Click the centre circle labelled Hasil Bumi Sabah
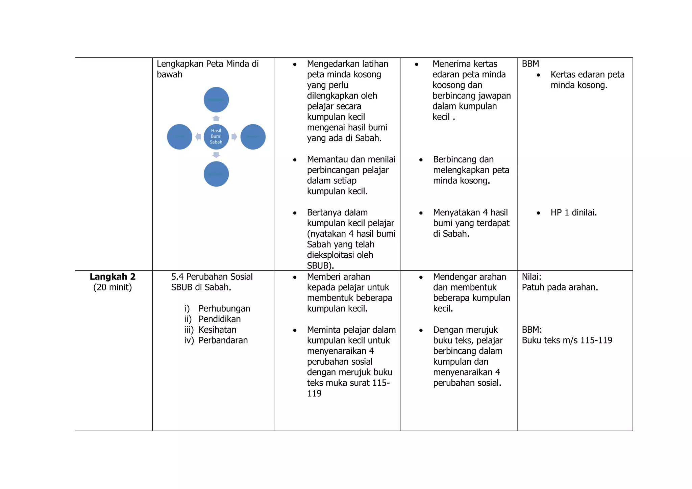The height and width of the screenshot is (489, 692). [x=216, y=136]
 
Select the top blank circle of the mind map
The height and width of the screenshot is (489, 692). [x=216, y=100]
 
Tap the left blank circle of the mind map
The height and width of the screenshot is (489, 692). [x=180, y=137]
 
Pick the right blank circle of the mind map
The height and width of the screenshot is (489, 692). [x=253, y=137]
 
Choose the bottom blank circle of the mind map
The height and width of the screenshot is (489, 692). [x=216, y=174]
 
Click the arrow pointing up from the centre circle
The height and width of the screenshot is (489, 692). [x=216, y=118]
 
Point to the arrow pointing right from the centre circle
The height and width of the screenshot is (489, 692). [x=234, y=137]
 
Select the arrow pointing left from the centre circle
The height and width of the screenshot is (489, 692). [x=198, y=137]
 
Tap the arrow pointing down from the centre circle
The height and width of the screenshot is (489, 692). [x=216, y=155]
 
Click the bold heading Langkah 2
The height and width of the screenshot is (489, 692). [x=113, y=277]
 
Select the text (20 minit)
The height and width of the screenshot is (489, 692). [x=113, y=287]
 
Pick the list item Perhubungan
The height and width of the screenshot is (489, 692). [x=224, y=308]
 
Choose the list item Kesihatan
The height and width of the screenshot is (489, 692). [x=217, y=330]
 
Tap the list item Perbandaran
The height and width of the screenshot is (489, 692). [x=223, y=340]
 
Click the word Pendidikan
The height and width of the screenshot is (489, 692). [x=220, y=319]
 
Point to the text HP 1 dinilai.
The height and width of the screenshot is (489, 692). [x=574, y=212]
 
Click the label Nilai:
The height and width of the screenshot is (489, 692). [x=532, y=277]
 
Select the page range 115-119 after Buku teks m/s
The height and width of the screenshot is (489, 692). [x=596, y=340]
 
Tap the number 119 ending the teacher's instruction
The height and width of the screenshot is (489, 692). [x=314, y=393]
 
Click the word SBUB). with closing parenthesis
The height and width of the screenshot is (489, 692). [x=320, y=266]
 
